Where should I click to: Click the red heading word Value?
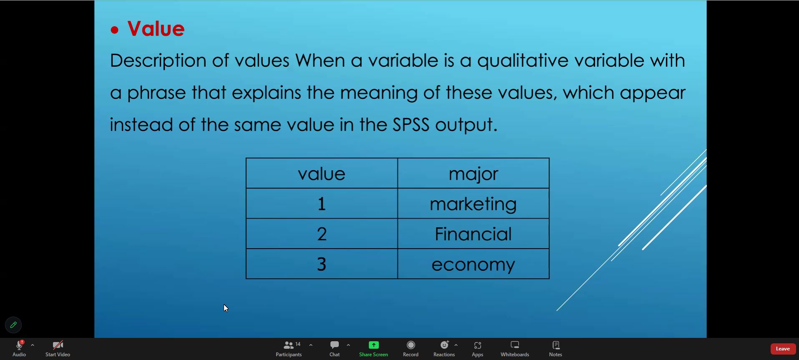coord(156,29)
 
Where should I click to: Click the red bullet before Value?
coord(114,30)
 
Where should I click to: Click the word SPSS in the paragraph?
coord(411,124)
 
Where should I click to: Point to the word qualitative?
coord(522,61)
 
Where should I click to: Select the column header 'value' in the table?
coord(322,173)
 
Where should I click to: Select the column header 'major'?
coord(474,173)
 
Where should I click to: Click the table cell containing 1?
coord(322,204)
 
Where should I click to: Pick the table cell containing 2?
coord(322,234)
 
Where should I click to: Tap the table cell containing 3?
coord(322,264)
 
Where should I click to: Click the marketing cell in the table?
coord(474,204)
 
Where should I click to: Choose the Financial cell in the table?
coord(474,234)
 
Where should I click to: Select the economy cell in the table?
coord(474,264)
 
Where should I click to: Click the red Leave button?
coord(783,349)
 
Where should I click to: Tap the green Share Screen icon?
coord(373,345)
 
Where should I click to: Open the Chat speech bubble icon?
coord(335,345)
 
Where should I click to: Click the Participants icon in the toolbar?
coord(289,345)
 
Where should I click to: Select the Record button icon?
coord(411,345)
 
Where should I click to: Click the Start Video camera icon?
coord(58,345)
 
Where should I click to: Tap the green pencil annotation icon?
coord(13,325)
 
